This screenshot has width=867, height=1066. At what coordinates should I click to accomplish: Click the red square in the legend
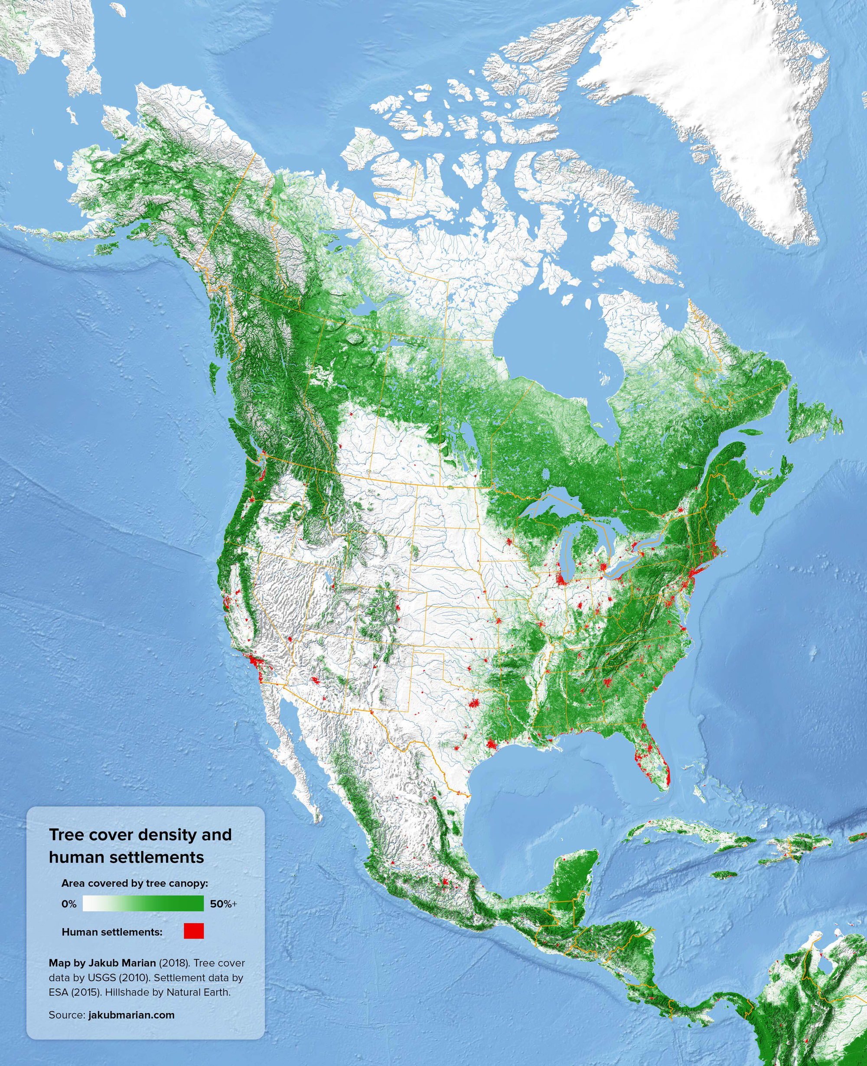tap(194, 931)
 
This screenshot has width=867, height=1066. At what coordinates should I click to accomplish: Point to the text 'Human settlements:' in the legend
tap(112, 932)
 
